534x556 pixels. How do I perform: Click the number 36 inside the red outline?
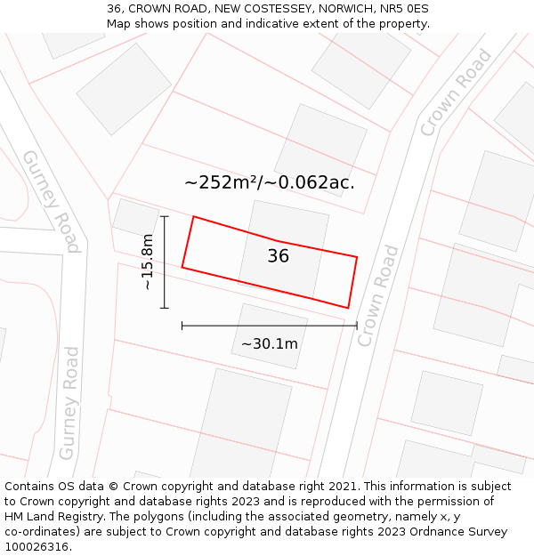pyautogui.click(x=279, y=256)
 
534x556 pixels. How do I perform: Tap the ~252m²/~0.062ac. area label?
pyautogui.click(x=270, y=182)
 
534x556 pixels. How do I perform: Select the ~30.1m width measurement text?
pyautogui.click(x=269, y=343)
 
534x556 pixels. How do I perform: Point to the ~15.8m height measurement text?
pyautogui.click(x=148, y=262)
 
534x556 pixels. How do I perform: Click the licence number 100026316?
pyautogui.click(x=37, y=547)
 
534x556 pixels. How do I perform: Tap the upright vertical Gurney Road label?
pyautogui.click(x=69, y=403)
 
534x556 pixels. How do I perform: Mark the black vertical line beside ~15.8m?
pyautogui.click(x=165, y=262)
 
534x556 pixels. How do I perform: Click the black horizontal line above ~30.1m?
pyautogui.click(x=269, y=326)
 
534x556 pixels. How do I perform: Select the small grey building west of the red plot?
pyautogui.click(x=135, y=218)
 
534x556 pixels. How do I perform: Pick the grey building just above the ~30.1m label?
pyautogui.click(x=270, y=335)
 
